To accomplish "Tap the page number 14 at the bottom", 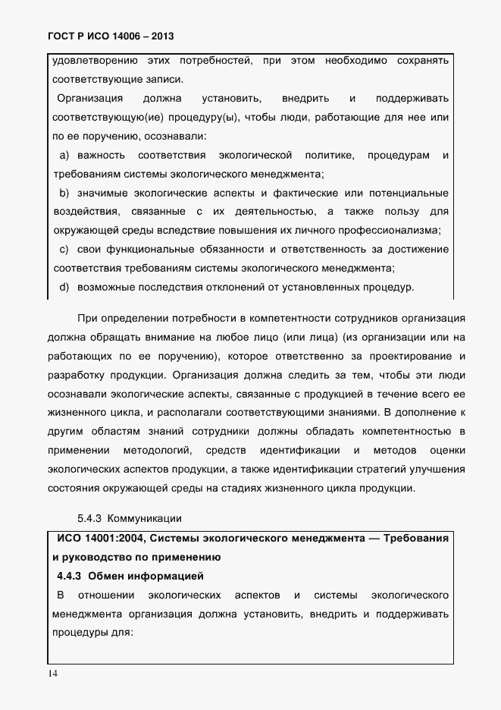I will pos(52,674).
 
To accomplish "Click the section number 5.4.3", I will pos(89,519).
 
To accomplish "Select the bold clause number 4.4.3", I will pos(74,576).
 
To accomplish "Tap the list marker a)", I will pos(64,156).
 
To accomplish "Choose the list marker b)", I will pos(64,193).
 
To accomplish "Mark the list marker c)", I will pos(64,249).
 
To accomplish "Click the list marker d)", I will pos(64,287).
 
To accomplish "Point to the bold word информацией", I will pos(171,576).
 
